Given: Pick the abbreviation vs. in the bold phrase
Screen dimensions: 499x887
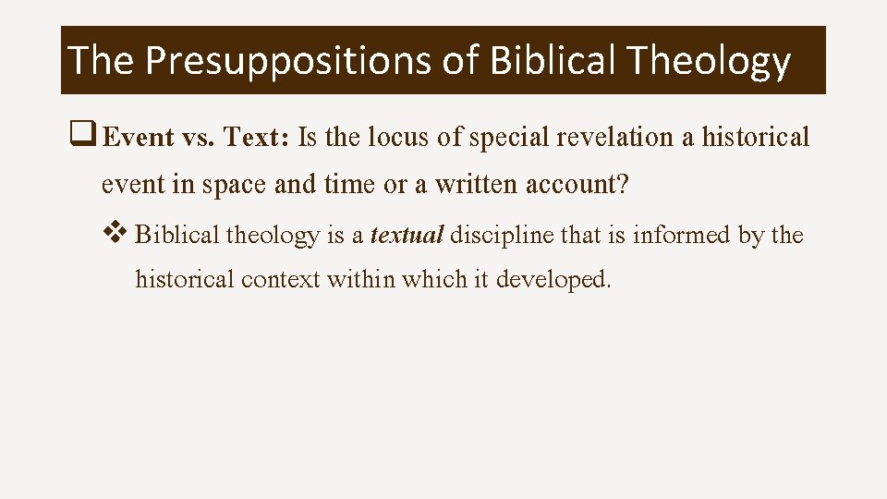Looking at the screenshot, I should (200, 138).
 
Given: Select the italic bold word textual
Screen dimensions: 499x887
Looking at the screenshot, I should (407, 235).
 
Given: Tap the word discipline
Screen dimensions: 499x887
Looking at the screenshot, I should (502, 235).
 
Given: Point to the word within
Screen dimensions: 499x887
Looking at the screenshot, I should (361, 278).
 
